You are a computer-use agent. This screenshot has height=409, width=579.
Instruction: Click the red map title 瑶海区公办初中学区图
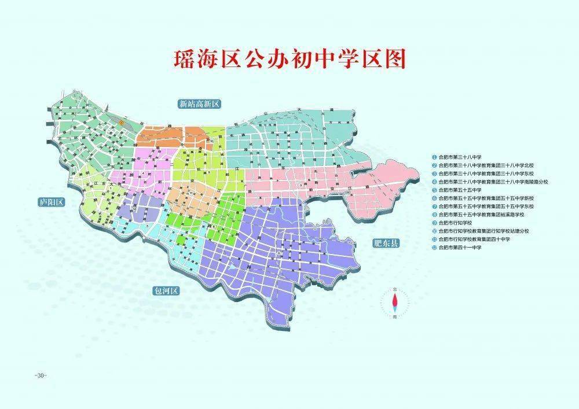289,60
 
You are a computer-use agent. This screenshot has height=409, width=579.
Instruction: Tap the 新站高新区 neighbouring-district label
200,104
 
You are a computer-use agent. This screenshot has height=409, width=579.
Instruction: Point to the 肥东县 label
386,243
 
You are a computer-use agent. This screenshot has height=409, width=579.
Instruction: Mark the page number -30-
40,375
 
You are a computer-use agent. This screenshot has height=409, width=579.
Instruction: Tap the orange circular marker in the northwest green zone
120,123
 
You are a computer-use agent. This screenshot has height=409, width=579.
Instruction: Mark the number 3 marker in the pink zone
299,184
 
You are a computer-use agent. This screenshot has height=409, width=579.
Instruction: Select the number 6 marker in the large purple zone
279,253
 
